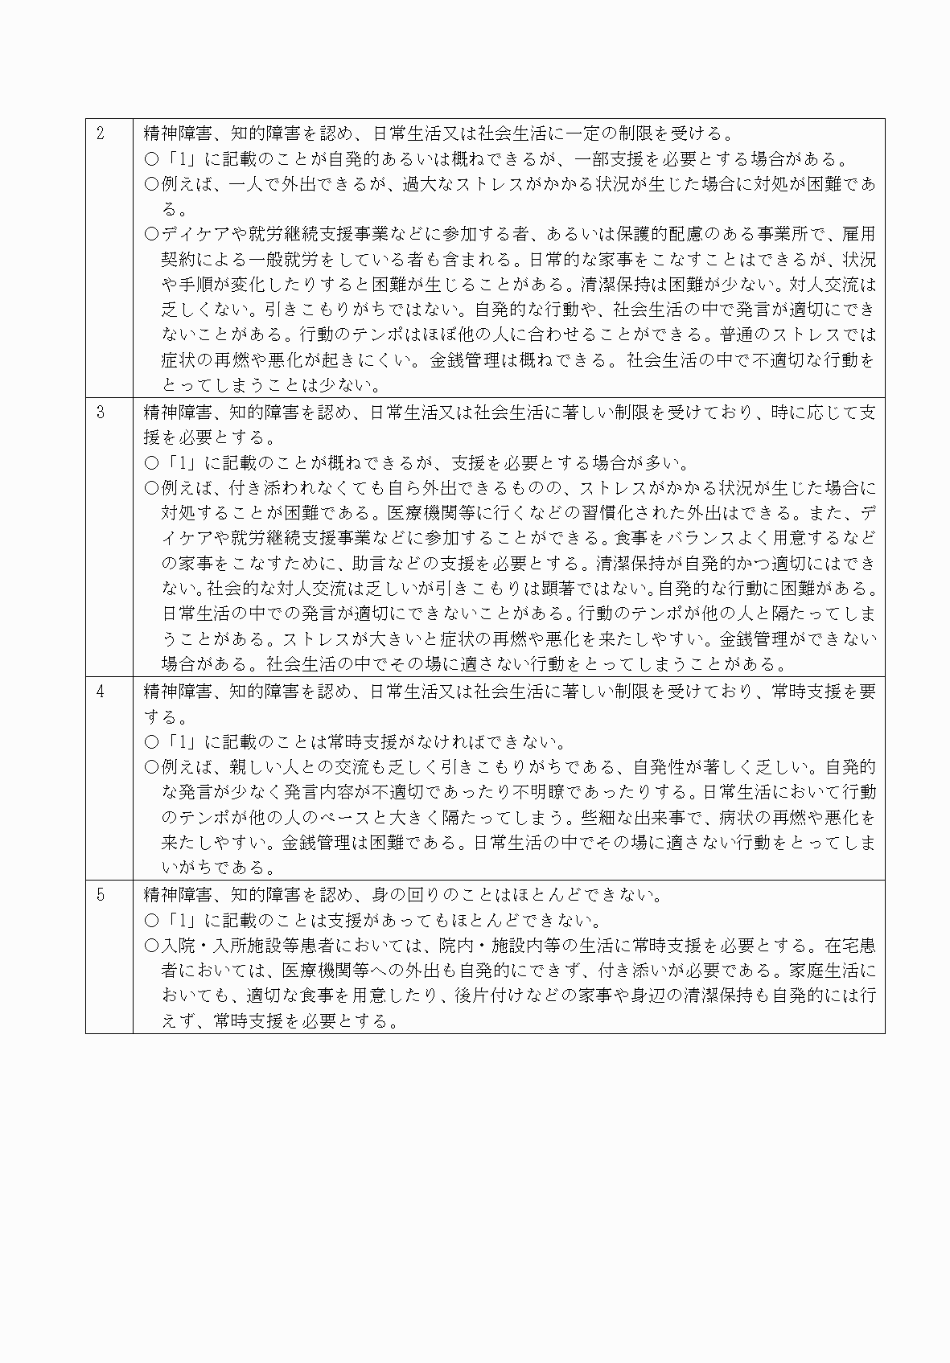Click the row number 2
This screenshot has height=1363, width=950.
[101, 133]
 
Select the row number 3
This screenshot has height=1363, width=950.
[101, 413]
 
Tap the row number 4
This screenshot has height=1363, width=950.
[101, 692]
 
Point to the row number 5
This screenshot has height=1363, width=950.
[101, 895]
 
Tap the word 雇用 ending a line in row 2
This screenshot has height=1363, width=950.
[858, 234]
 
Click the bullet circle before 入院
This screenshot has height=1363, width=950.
[151, 946]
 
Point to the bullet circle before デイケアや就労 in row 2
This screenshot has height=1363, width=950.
[151, 234]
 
